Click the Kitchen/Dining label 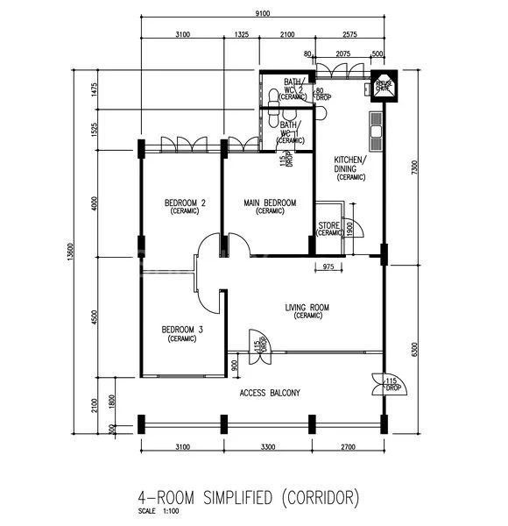coord(350,166)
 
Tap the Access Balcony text coord(270,394)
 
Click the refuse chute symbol coord(384,85)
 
